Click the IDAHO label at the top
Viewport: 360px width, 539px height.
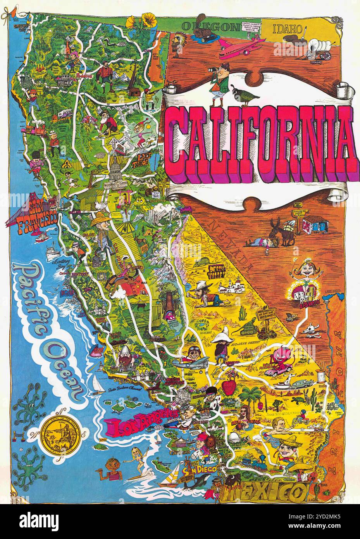click(287, 28)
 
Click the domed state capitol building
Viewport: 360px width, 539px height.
click(116, 171)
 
